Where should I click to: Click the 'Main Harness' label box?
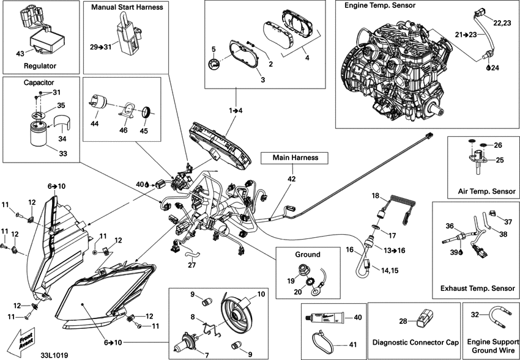coord(294,158)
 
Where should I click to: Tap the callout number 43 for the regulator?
coord(20,53)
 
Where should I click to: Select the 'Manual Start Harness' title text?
coord(127,7)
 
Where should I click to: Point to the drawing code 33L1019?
coord(54,355)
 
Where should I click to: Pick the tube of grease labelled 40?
coord(324,318)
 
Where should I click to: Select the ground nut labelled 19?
coord(303,270)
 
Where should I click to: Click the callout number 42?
coord(291,179)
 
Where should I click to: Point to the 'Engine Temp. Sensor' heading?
coord(380,6)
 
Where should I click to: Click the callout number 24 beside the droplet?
coord(495,68)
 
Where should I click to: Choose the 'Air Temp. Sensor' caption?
coord(486,191)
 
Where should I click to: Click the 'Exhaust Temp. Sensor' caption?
coord(478,288)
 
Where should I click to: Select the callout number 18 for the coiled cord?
coord(376,196)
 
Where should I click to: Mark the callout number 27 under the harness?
coord(191,265)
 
